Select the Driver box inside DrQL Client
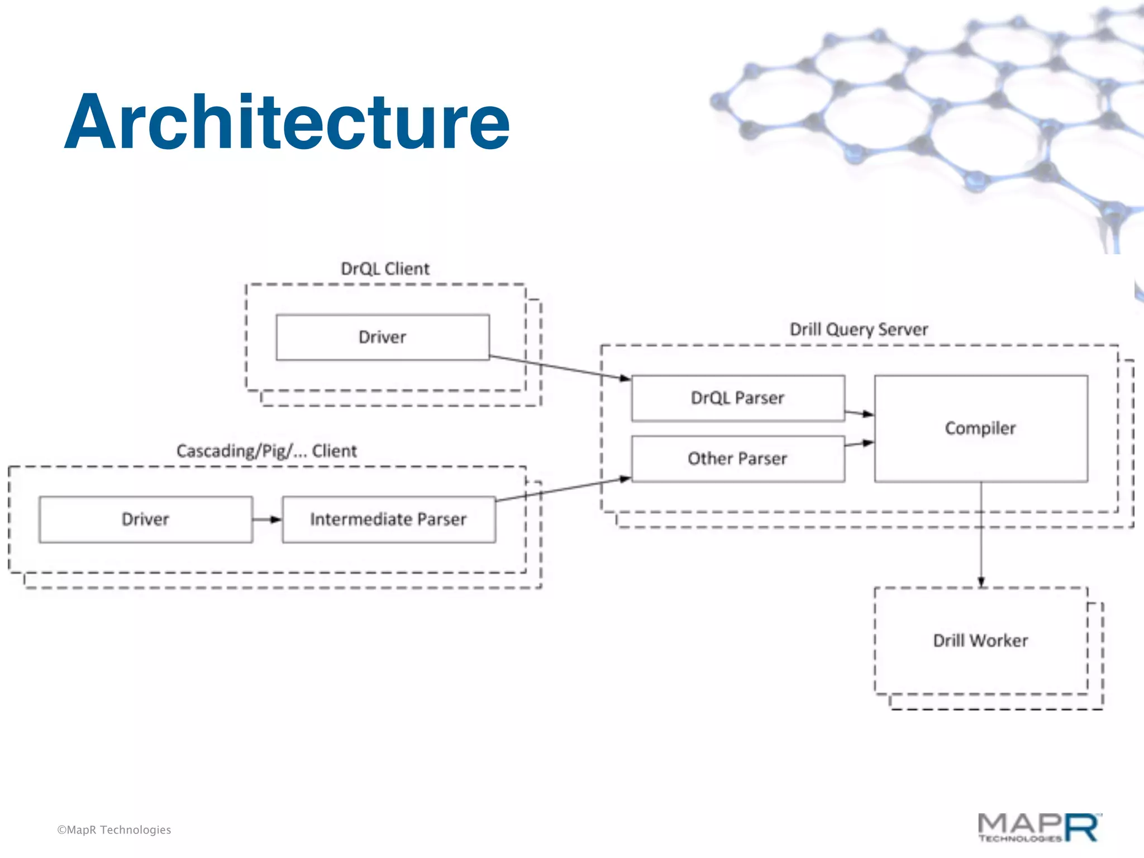click(x=383, y=337)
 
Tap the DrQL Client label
click(x=385, y=269)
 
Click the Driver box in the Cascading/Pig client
click(x=145, y=519)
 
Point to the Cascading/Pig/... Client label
click(x=266, y=451)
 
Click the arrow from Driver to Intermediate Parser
click(x=267, y=519)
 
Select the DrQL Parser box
click(x=737, y=398)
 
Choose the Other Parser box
click(x=737, y=459)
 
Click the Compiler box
click(x=980, y=428)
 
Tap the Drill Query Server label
click(x=859, y=330)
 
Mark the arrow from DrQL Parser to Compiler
click(x=859, y=413)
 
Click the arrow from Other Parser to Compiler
click(x=859, y=444)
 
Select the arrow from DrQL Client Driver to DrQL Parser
click(x=559, y=367)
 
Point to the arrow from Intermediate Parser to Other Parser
click(x=564, y=489)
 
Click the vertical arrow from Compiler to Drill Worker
click(x=981, y=536)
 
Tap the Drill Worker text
click(x=980, y=641)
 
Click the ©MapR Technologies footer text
click(x=114, y=830)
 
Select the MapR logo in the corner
click(x=1039, y=828)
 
